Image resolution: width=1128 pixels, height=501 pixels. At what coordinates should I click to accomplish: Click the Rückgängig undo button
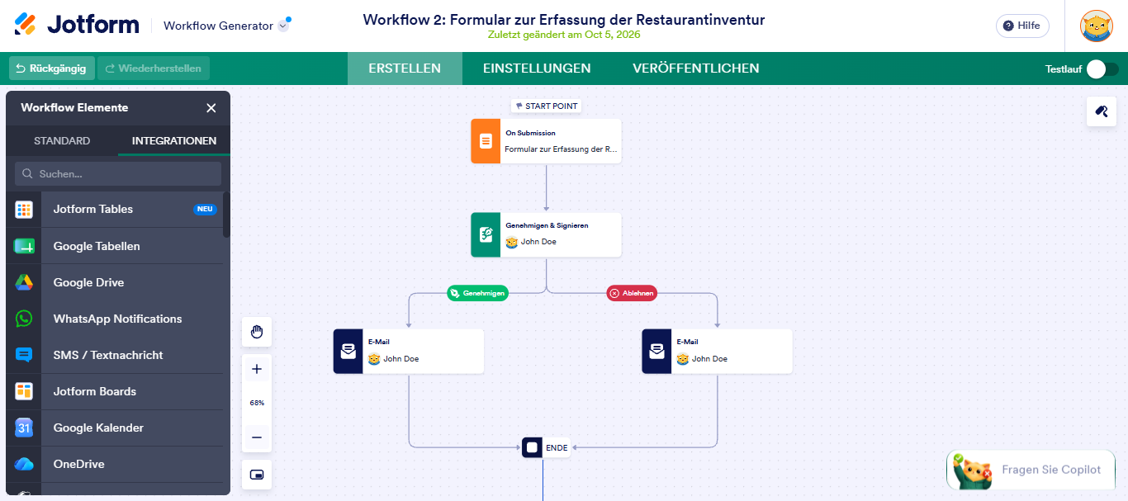(x=51, y=69)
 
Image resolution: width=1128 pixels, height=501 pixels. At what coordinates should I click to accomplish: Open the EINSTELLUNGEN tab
(x=537, y=69)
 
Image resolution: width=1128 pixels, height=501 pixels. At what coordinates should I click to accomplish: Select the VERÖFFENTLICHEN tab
(x=695, y=69)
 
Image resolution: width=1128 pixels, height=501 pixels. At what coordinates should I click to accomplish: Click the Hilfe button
(x=1022, y=26)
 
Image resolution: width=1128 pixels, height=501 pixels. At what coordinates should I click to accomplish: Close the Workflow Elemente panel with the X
(x=211, y=108)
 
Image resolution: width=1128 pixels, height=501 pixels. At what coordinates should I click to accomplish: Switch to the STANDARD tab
(x=62, y=141)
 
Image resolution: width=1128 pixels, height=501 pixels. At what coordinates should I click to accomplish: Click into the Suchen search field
(x=118, y=173)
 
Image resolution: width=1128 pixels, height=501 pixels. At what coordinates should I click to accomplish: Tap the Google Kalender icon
(x=24, y=428)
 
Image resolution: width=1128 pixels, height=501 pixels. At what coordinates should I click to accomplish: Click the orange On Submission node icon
(x=486, y=141)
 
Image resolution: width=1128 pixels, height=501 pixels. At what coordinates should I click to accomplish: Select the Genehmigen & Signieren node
(x=546, y=234)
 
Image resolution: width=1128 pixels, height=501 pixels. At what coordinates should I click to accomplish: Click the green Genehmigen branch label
(x=477, y=293)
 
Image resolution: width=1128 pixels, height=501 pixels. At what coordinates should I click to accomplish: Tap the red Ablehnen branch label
(x=632, y=293)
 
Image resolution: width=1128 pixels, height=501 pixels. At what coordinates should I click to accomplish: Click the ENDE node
(x=546, y=447)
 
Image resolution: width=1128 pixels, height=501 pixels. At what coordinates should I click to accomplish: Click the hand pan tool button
(x=257, y=332)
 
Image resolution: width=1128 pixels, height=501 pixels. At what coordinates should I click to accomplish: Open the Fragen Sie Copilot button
(x=1031, y=470)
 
